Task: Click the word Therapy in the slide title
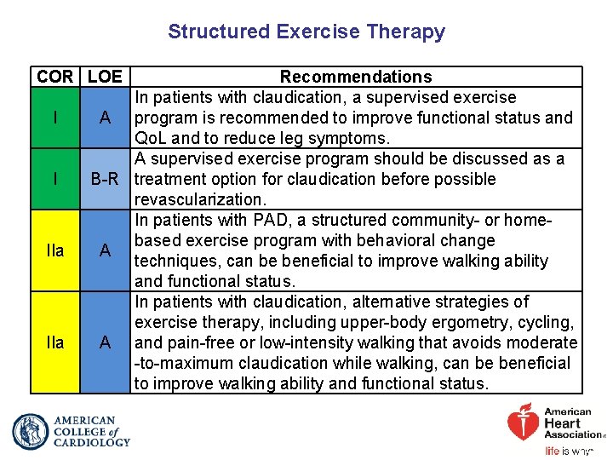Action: (405, 32)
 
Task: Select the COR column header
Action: (54, 77)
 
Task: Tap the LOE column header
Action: (105, 77)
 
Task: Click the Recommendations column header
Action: (356, 77)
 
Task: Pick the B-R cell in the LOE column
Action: (105, 179)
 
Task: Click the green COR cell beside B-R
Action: (55, 179)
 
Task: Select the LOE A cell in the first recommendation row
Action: (105, 118)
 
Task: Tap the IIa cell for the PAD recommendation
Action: (55, 250)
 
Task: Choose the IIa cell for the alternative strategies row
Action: (55, 342)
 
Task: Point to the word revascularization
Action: (200, 199)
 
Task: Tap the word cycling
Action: (543, 322)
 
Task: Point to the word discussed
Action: (473, 158)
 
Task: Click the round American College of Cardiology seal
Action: (31, 431)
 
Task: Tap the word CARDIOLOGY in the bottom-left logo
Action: (92, 442)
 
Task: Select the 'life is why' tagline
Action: (568, 451)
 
